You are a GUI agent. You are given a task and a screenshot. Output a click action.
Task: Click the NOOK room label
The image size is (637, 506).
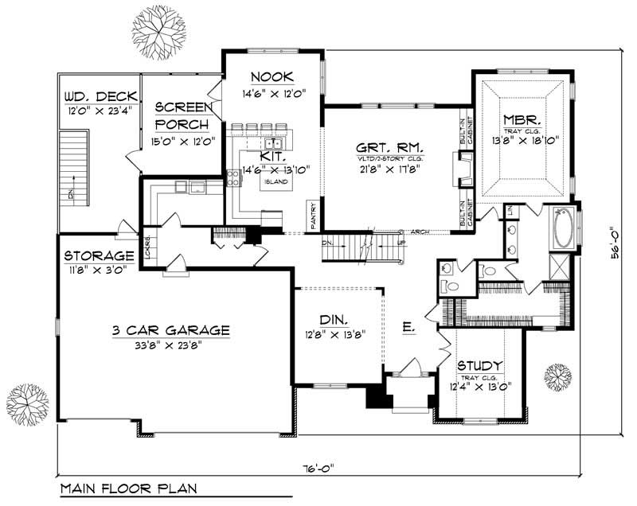[272, 77]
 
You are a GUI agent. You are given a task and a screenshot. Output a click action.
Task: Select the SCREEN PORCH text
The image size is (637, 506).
[182, 116]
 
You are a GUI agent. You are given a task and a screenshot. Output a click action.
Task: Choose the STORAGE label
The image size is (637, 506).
[100, 256]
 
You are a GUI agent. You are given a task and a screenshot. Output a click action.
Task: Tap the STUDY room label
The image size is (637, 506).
[483, 366]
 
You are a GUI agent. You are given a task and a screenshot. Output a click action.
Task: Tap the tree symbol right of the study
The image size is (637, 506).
[557, 374]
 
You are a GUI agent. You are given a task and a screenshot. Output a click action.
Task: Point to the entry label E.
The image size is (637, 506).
[408, 326]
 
